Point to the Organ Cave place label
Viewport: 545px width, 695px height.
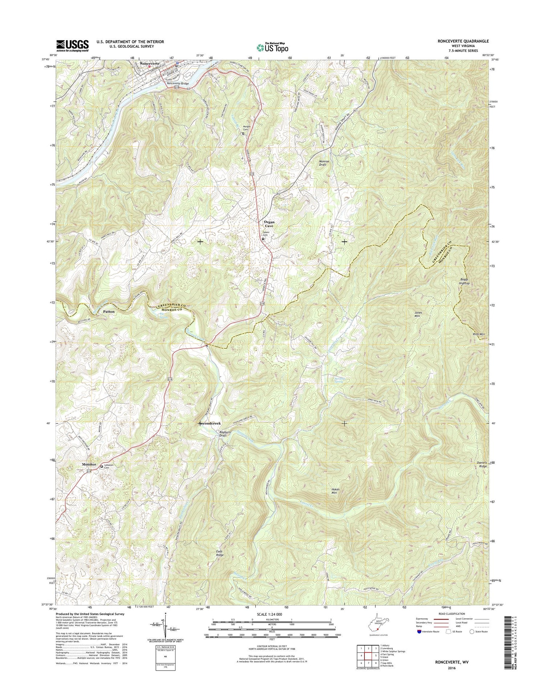coord(269,224)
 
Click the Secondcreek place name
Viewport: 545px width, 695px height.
coord(210,423)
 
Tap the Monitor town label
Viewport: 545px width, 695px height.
coord(89,465)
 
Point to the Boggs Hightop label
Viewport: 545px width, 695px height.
coord(464,281)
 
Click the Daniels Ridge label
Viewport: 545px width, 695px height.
coord(482,464)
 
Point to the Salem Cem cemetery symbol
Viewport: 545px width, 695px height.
coord(263,239)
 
